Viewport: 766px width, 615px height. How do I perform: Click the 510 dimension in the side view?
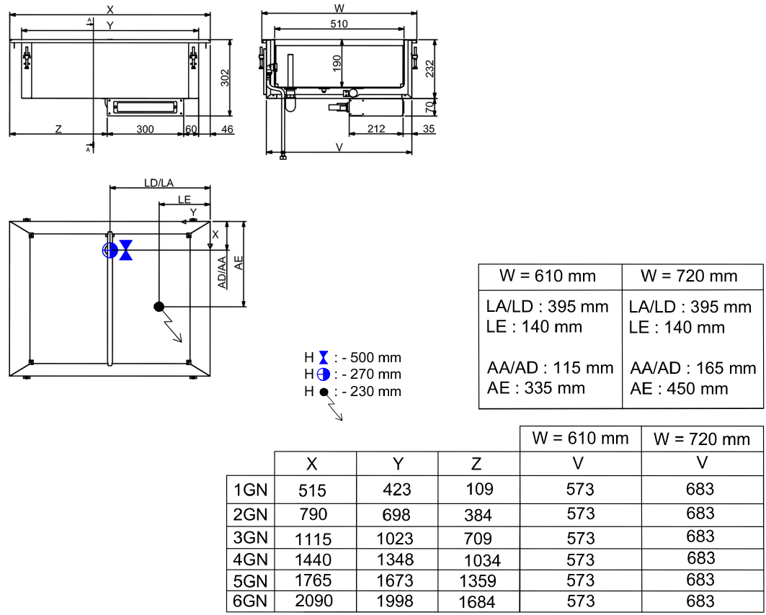pyautogui.click(x=339, y=24)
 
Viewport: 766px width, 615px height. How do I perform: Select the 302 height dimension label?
pyautogui.click(x=224, y=77)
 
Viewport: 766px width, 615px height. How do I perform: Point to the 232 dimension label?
pyautogui.click(x=429, y=68)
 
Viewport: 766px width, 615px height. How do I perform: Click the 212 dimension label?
pyautogui.click(x=375, y=129)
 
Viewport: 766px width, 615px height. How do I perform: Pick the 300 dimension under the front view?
pyautogui.click(x=145, y=129)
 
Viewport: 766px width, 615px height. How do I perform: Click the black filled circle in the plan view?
pyautogui.click(x=159, y=306)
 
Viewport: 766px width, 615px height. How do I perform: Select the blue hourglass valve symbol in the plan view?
pyautogui.click(x=126, y=250)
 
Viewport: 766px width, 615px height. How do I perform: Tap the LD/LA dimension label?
pyautogui.click(x=159, y=183)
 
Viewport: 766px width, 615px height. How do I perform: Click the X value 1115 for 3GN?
pyautogui.click(x=313, y=538)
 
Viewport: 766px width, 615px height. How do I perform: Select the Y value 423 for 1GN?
pyautogui.click(x=396, y=490)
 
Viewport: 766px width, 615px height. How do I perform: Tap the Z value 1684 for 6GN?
pyautogui.click(x=478, y=601)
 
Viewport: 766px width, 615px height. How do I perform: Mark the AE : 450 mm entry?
pyautogui.click(x=679, y=389)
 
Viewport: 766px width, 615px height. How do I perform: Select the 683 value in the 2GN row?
pyautogui.click(x=700, y=513)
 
